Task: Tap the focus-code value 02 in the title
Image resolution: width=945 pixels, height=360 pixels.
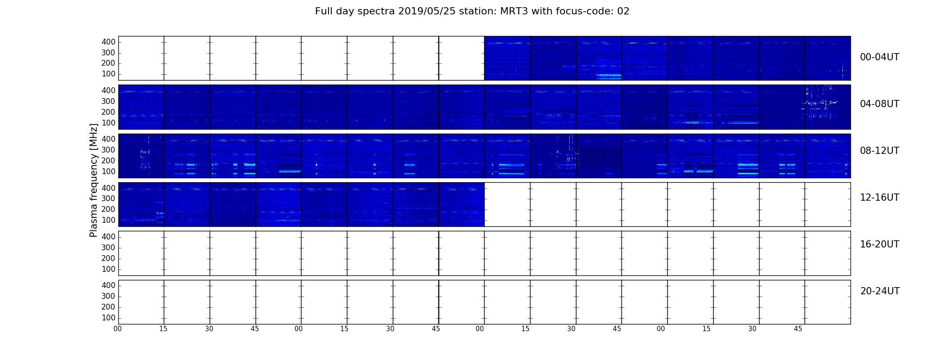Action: [x=623, y=11]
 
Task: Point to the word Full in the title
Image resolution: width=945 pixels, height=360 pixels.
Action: [x=323, y=11]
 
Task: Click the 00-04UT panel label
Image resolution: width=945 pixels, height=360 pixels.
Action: [x=880, y=57]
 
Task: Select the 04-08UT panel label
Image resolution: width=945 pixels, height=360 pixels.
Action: [x=880, y=104]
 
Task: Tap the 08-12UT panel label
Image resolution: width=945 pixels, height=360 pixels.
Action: [x=880, y=151]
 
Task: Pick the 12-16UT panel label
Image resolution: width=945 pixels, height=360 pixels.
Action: [x=880, y=198]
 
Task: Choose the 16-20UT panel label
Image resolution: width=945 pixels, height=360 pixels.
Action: [x=880, y=244]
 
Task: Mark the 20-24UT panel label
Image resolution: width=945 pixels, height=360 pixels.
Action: [x=880, y=291]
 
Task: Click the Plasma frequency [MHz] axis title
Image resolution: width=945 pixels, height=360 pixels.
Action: [x=94, y=180]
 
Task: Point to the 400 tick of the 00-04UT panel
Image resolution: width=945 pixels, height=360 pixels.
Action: [x=108, y=42]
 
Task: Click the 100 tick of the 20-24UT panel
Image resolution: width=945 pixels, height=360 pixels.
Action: [x=108, y=318]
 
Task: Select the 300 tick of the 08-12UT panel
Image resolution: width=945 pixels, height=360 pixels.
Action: [x=108, y=150]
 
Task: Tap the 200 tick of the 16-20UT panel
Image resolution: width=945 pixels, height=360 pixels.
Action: [x=108, y=258]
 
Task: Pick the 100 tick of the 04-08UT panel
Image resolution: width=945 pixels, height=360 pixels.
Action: [x=108, y=123]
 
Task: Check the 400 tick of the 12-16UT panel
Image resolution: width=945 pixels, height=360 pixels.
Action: [x=108, y=188]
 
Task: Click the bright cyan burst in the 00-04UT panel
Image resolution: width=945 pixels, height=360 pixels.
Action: [x=608, y=76]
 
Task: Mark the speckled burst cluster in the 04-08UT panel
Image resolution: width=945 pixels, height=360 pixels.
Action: [x=819, y=103]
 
